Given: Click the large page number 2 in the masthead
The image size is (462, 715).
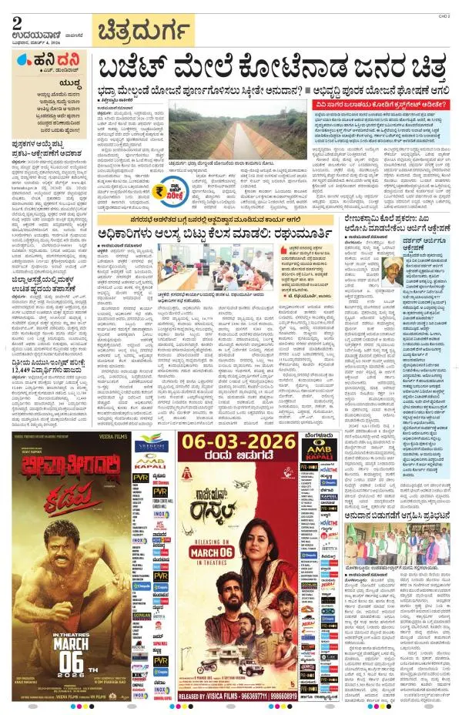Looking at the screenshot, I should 17,21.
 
